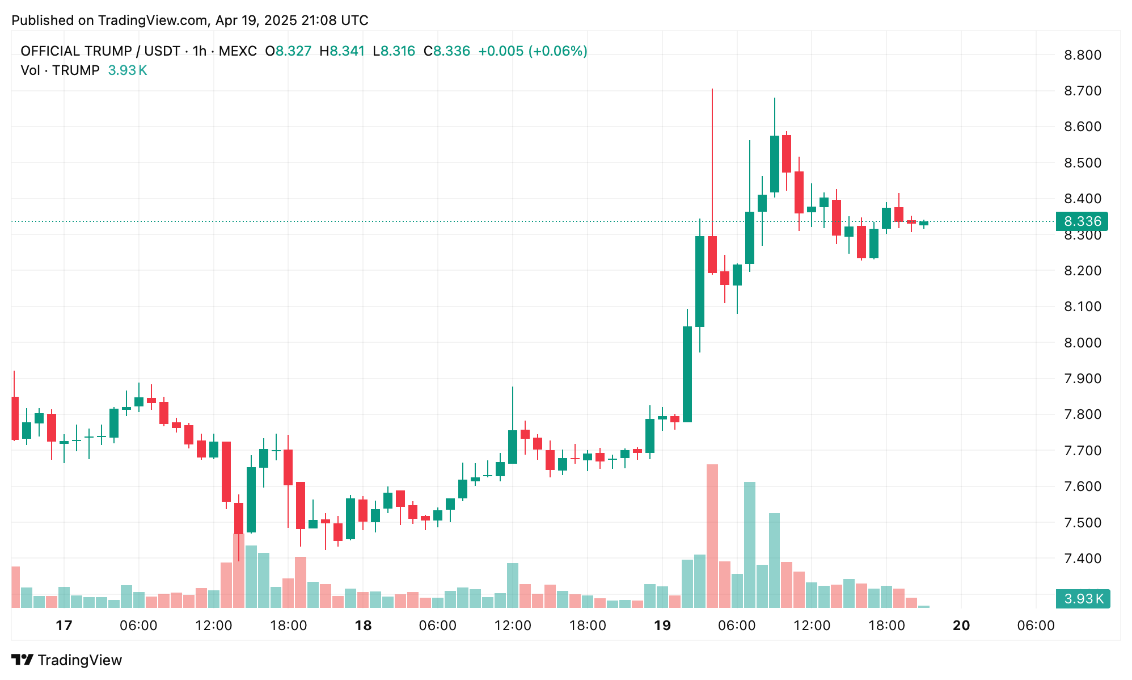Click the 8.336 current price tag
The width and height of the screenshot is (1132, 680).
tap(1082, 221)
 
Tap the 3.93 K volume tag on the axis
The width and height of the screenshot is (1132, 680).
tap(1083, 599)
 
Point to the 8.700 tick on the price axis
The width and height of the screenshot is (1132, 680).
tap(1082, 91)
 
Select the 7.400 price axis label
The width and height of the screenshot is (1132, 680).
tap(1082, 559)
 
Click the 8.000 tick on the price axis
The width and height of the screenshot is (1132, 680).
tap(1082, 343)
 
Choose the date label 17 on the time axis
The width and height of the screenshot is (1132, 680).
tap(64, 626)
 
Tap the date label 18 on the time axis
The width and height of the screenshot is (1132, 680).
tap(363, 626)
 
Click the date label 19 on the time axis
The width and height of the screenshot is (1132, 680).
tap(662, 626)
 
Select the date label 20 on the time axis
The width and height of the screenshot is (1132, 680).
tap(961, 626)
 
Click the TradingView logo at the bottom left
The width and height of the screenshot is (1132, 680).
tap(67, 660)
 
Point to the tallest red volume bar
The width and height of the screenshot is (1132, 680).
tap(712, 536)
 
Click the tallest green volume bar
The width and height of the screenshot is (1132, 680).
tap(749, 545)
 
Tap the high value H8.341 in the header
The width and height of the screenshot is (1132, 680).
tap(342, 51)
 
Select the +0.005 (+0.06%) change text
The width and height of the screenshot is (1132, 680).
tap(533, 51)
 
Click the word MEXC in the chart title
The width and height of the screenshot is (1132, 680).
tap(238, 51)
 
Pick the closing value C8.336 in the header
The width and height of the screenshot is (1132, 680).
tap(447, 51)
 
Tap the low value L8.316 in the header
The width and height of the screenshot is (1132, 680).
tap(394, 51)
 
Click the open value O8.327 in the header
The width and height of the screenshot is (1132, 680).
tap(288, 51)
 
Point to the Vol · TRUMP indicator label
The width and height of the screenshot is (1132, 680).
tap(60, 70)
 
